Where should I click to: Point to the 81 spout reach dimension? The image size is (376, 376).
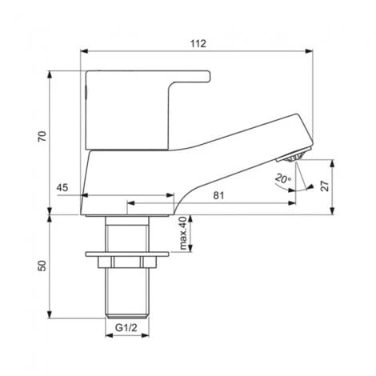click(218, 194)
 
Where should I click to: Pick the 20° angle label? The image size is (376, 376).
click(282, 178)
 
